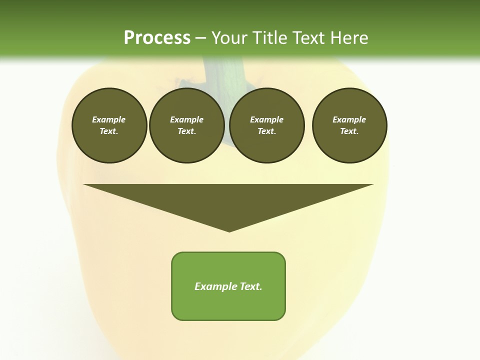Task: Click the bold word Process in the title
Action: (x=157, y=38)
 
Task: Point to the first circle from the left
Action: (x=109, y=125)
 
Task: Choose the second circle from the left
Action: (x=186, y=125)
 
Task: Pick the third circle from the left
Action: (x=266, y=125)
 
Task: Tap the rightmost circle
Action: (x=349, y=125)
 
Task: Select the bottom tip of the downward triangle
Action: (x=229, y=230)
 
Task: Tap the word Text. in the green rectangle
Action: (x=251, y=286)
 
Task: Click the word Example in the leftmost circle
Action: (x=109, y=119)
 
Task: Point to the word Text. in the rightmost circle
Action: (x=349, y=131)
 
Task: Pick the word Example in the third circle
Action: (x=266, y=119)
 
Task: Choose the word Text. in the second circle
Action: (x=186, y=131)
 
